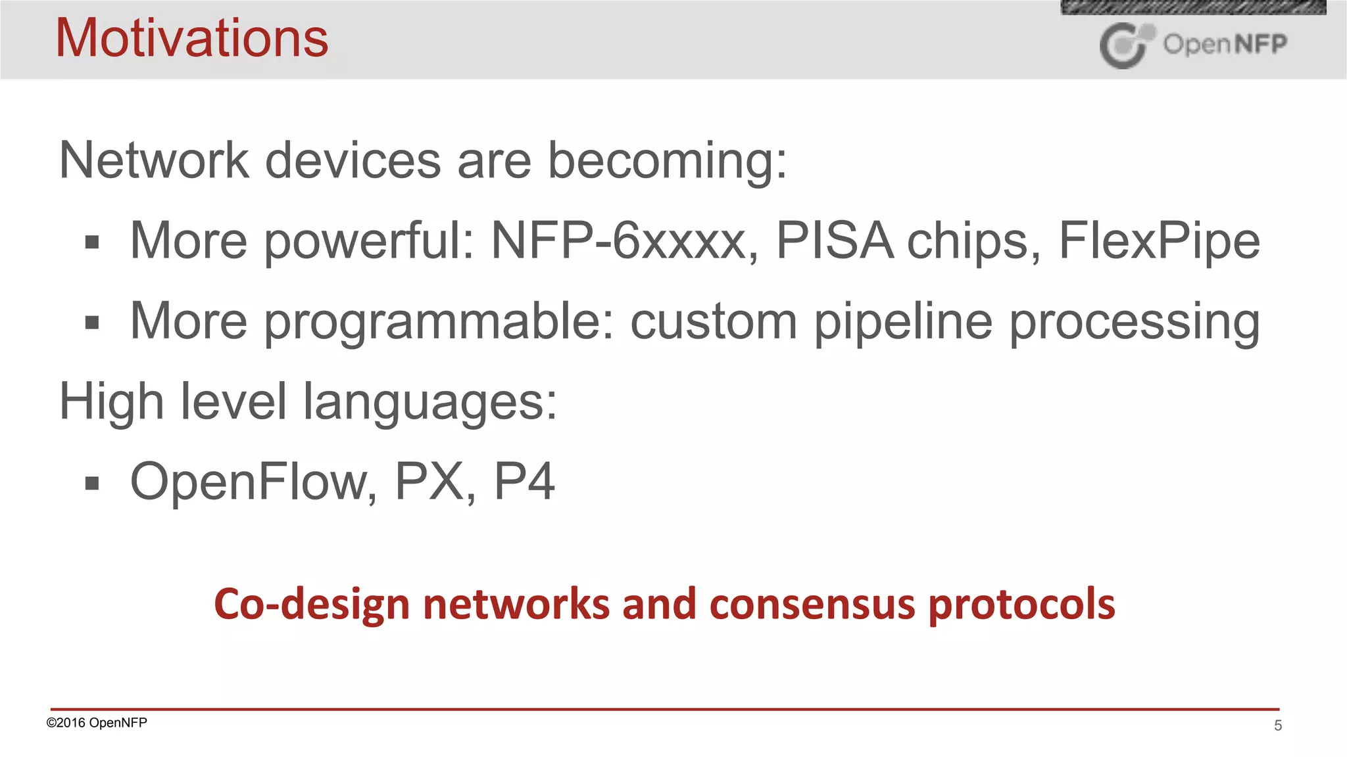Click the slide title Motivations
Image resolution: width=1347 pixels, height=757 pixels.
[x=191, y=38]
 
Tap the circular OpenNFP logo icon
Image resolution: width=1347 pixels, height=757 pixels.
[x=1125, y=45]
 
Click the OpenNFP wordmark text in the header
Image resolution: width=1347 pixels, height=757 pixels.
[x=1225, y=44]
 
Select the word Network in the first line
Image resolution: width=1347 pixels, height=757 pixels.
[x=154, y=160]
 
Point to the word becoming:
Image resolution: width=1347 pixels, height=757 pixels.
[x=667, y=162]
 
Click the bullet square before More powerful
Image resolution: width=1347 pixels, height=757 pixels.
[x=92, y=242]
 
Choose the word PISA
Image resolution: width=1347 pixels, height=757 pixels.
[x=834, y=241]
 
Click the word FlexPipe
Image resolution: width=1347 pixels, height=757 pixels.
[x=1159, y=242]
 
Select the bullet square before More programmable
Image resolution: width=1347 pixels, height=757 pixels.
[x=92, y=323]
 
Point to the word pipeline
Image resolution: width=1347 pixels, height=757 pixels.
[x=903, y=322]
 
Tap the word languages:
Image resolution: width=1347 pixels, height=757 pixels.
[x=429, y=402]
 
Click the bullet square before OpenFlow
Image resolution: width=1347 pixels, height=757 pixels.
[x=92, y=484]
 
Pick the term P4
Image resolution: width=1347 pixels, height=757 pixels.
[x=524, y=482]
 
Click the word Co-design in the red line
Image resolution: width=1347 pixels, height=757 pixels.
[x=312, y=605]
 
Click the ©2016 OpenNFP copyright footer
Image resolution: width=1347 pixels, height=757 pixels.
[x=97, y=723]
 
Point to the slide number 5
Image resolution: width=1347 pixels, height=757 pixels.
[x=1278, y=725]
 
